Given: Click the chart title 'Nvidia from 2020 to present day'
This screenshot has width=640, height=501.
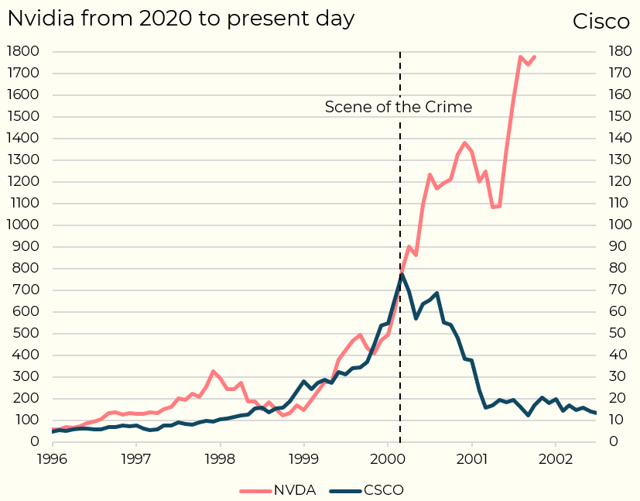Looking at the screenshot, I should [181, 19].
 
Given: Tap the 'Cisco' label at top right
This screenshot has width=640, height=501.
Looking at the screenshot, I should [601, 22].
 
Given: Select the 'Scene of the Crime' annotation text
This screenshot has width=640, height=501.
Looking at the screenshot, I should [398, 107].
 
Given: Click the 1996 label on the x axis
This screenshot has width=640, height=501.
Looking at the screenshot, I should [53, 457].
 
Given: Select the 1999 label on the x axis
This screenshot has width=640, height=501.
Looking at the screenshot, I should [304, 457].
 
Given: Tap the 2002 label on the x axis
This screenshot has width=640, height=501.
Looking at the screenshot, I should [555, 457].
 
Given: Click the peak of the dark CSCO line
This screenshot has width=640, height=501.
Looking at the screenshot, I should [402, 274].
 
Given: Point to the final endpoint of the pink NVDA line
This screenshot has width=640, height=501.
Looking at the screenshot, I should [534, 57].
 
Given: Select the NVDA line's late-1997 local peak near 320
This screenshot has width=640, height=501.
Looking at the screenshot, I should [213, 372].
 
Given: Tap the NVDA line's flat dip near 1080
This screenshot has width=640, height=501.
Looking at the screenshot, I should [496, 207].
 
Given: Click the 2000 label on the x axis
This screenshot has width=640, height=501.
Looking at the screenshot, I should [387, 457].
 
